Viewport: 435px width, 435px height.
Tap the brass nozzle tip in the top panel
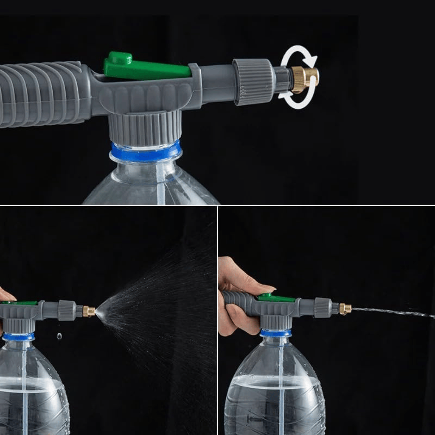(305, 79)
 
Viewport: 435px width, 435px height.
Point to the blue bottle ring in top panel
(146, 153)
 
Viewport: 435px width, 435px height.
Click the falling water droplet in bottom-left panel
(59, 336)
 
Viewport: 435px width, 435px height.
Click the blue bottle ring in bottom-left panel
(18, 337)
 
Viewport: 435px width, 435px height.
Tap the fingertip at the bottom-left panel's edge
(6, 296)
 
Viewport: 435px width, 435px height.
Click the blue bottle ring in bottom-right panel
(275, 333)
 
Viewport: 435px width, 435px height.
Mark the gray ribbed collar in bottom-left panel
(67, 310)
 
